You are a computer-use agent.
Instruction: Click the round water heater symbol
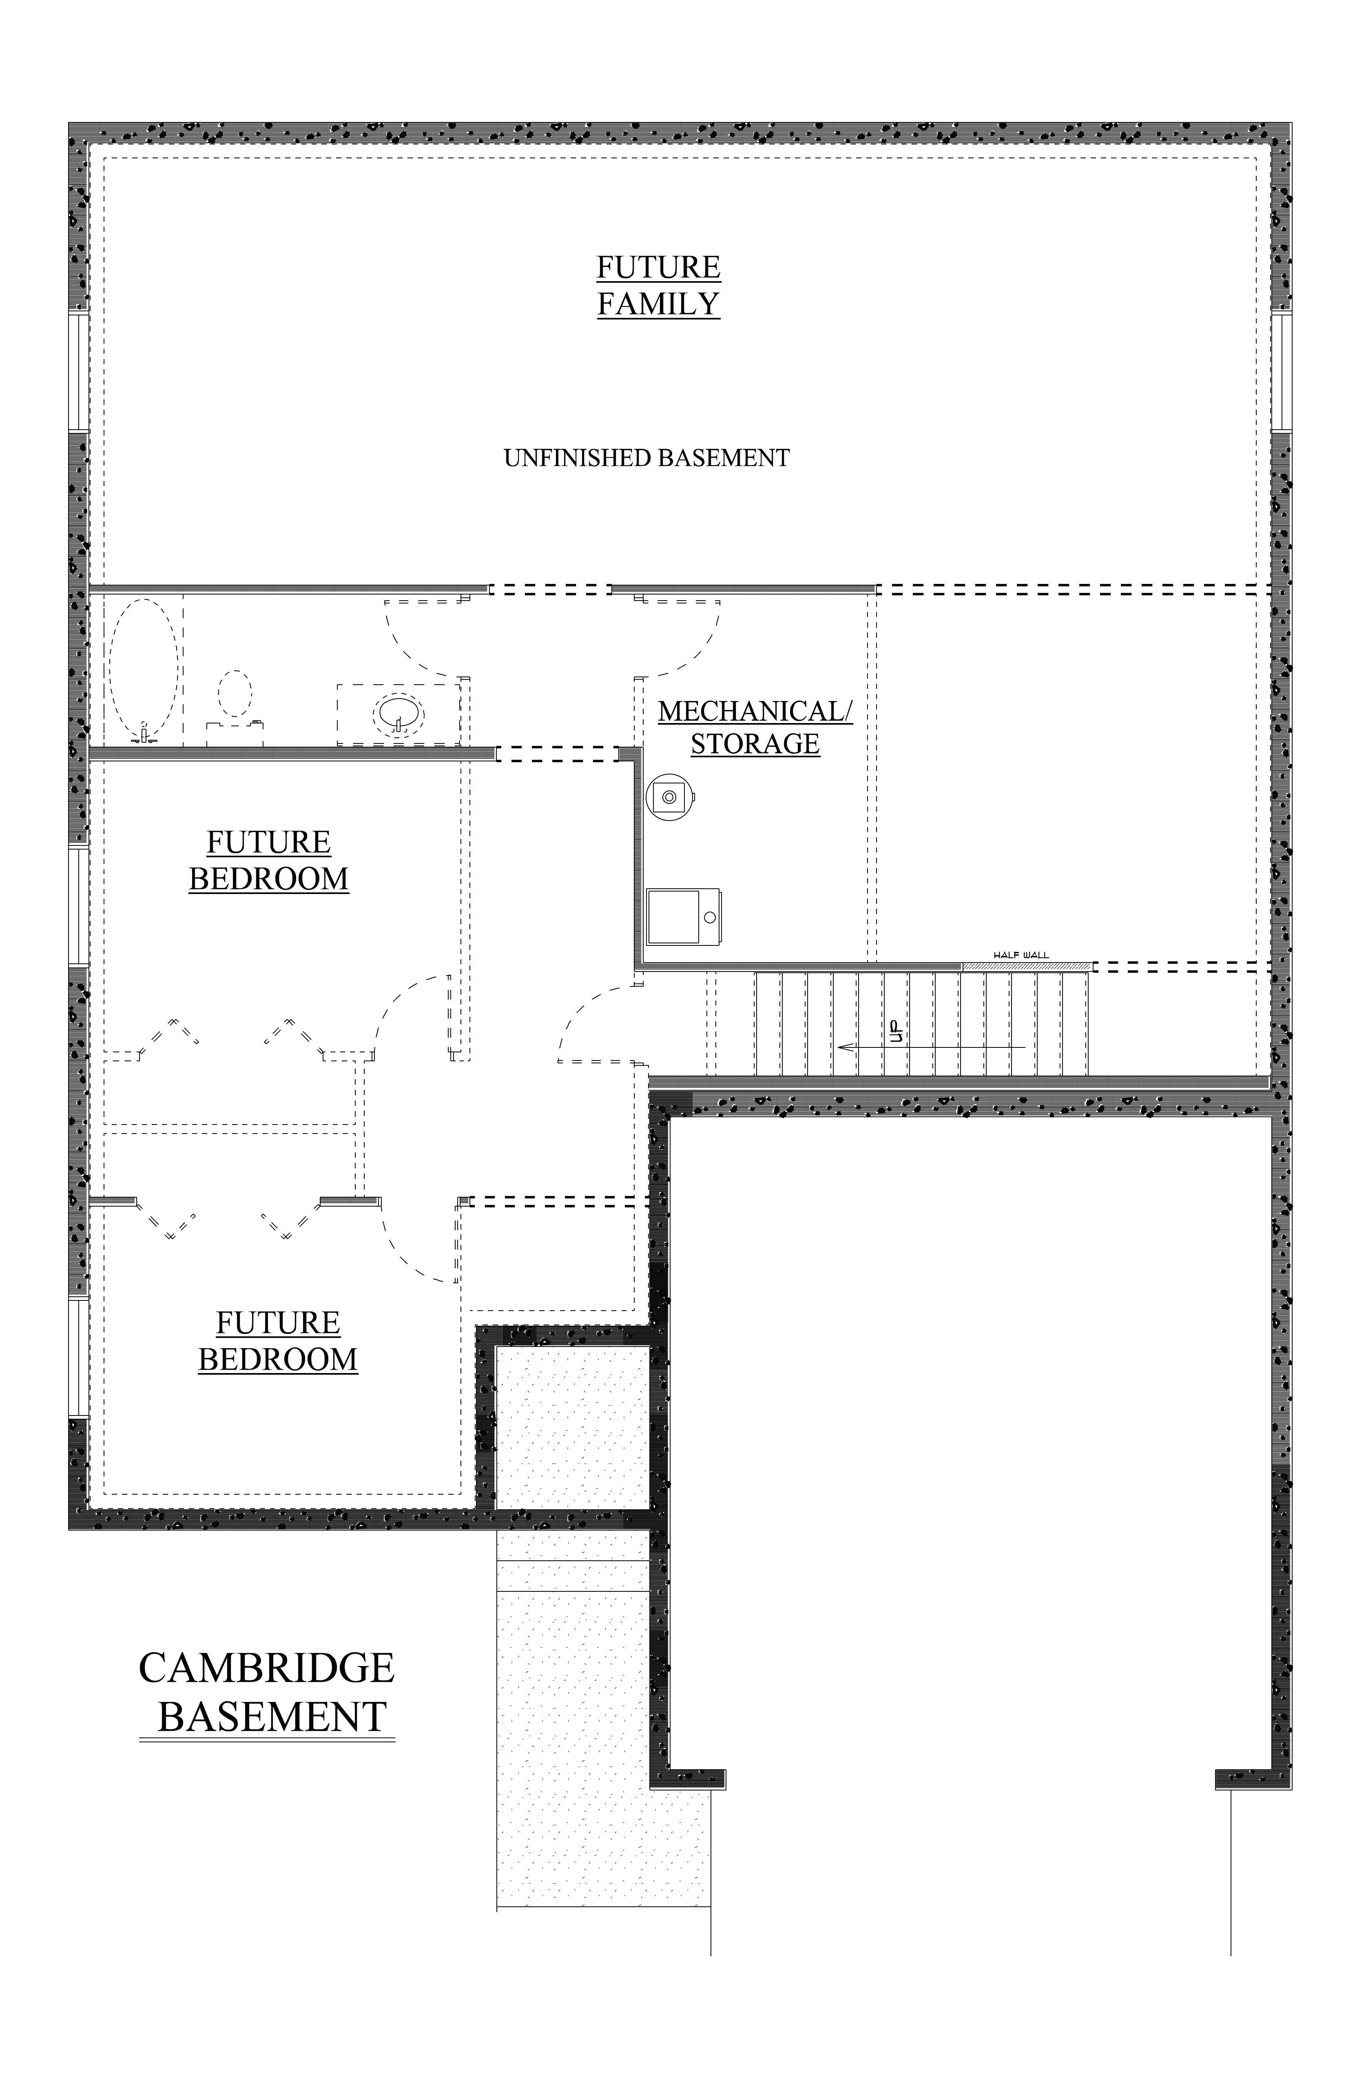click(669, 796)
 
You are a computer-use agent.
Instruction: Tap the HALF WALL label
click(1021, 956)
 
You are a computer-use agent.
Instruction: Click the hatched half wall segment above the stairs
click(1027, 966)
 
